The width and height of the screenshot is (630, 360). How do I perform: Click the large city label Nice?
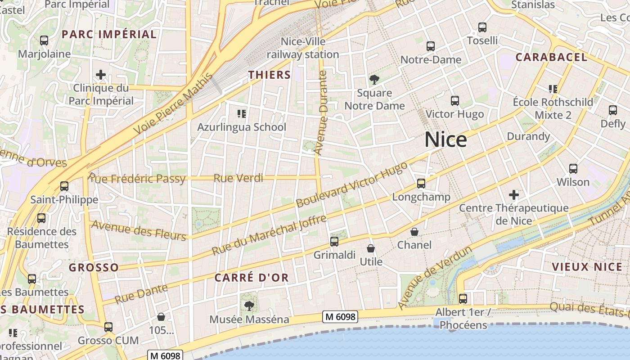coord(445,140)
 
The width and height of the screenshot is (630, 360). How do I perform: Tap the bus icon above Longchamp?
coord(421,184)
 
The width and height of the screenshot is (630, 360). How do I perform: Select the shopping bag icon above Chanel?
coord(414,232)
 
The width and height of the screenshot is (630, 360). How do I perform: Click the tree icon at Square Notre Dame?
coord(374,80)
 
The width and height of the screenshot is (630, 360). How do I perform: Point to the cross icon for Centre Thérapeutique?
coord(514,195)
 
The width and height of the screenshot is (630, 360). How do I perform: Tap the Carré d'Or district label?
coord(251,278)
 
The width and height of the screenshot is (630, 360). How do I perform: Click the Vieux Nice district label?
coord(587,267)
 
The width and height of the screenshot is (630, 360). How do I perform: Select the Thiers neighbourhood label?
coord(270,75)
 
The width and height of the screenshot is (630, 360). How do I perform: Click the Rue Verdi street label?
coord(238,178)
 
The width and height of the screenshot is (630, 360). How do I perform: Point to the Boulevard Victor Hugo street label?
coord(352,185)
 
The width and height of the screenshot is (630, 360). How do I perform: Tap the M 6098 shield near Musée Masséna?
coord(340,317)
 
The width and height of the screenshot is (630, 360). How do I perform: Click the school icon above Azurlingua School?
coord(242,114)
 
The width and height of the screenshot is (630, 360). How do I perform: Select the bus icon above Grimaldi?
coord(334,242)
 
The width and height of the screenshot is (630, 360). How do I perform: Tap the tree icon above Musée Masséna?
coord(249,306)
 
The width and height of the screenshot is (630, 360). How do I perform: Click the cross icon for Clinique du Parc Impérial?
coord(101,75)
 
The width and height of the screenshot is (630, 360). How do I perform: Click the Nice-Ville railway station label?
coord(303,48)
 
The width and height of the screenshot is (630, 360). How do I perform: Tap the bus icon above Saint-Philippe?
coord(64,186)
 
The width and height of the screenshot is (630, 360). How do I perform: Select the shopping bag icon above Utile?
coord(371,248)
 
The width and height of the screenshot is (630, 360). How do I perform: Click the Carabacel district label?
coord(551,57)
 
